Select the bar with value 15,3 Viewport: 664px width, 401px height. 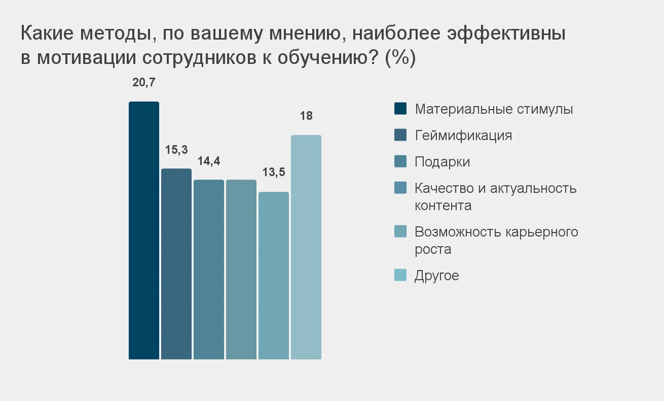coord(176,264)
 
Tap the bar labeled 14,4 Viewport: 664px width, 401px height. coord(209,269)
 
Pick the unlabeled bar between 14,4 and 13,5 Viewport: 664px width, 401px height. coord(241,269)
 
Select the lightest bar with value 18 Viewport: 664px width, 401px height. coord(306,247)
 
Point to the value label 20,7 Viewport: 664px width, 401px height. coord(144,82)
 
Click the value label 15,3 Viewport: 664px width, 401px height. coord(176,150)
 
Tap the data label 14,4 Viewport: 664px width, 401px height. coord(209,161)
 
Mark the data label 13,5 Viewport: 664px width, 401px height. coord(274,172)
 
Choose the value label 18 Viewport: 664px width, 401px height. coord(306,116)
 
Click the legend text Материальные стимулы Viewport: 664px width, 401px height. coord(494,109)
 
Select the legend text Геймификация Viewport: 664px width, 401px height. coord(463,136)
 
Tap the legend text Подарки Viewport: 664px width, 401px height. coord(442,162)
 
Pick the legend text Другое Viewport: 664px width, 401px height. coord(436,275)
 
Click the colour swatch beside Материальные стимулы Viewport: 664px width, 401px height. coord(401,108)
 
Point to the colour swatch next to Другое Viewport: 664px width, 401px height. coord(401,275)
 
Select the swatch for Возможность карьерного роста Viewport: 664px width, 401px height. coord(401,231)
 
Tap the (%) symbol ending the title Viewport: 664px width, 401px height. coord(400,58)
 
